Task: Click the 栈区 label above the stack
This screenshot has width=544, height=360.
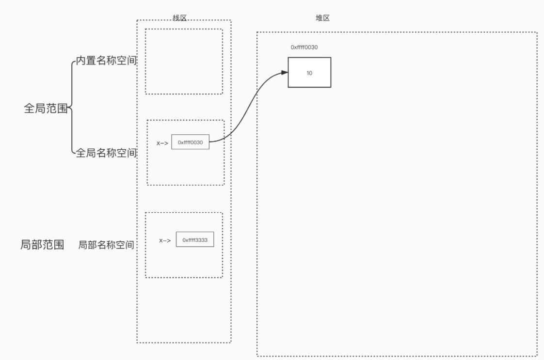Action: [179, 18]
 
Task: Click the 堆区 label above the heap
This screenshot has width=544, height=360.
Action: [322, 18]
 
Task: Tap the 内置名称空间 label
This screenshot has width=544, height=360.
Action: [106, 62]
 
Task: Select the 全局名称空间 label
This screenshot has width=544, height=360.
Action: [106, 154]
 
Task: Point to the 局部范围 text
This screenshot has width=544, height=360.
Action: [42, 245]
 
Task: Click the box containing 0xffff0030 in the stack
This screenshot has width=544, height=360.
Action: [190, 142]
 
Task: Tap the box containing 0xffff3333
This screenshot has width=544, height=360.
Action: [195, 239]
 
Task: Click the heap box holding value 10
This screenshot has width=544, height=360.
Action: [309, 72]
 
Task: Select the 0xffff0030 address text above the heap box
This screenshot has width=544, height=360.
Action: [304, 47]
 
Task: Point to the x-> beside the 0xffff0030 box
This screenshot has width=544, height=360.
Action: [162, 143]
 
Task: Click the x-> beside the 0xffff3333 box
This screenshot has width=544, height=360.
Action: [165, 240]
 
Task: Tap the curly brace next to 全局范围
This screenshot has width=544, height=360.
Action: [72, 108]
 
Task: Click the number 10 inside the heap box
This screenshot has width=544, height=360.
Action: [309, 73]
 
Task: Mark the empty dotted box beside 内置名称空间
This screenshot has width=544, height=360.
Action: [184, 61]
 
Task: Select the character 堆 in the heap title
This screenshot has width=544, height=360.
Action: [319, 18]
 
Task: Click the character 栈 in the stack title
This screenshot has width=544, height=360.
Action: [176, 18]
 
